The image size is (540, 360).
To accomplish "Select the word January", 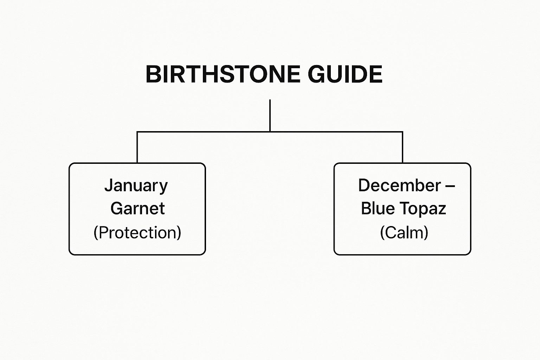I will tap(136, 186).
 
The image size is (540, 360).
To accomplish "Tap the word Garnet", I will tap(137, 208).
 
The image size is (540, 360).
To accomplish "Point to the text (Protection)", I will tap(137, 232).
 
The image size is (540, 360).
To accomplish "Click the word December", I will tap(399, 185).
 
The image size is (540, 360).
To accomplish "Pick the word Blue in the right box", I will tap(378, 208).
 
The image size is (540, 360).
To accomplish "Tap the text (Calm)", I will tap(404, 232).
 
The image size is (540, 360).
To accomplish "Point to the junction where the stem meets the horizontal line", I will tap(270, 132).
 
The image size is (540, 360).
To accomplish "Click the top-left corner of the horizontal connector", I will tap(137, 132).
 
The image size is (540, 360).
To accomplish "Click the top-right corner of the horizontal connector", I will tap(402, 132).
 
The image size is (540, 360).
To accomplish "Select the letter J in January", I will tap(108, 185).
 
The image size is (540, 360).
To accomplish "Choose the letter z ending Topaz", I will tap(442, 209).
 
